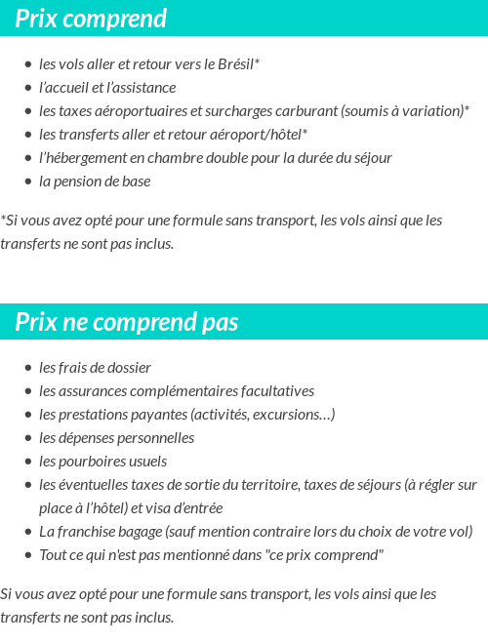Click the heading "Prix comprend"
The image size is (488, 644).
(x=91, y=19)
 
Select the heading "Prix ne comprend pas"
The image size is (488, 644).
(x=127, y=323)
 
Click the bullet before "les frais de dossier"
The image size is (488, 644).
(x=28, y=368)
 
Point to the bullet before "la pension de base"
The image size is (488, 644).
(x=28, y=181)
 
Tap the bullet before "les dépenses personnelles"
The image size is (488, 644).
(x=28, y=438)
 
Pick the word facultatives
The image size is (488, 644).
(x=279, y=391)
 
